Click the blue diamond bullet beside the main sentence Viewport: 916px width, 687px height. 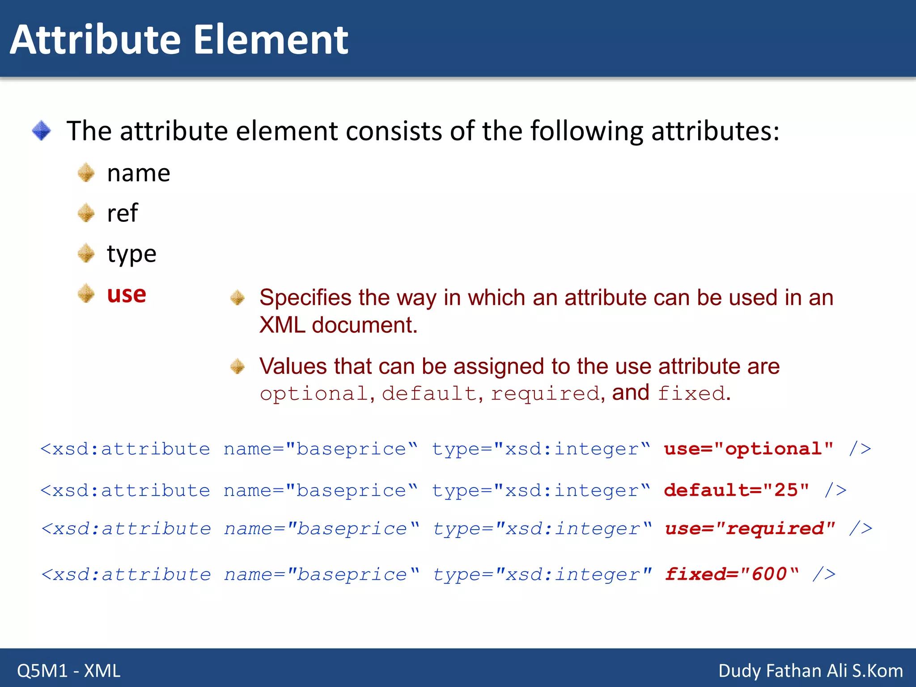pos(42,131)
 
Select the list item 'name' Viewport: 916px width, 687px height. pos(139,173)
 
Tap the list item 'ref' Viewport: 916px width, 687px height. pos(122,213)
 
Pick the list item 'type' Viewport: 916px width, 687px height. pos(131,254)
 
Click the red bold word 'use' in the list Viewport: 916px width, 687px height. pos(127,294)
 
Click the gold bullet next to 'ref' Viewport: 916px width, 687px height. pos(86,213)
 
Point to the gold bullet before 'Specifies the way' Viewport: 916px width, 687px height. pos(237,297)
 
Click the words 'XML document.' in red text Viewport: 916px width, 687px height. pos(338,325)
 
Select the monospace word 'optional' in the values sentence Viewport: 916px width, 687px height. pos(314,394)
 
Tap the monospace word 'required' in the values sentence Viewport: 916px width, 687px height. pos(545,394)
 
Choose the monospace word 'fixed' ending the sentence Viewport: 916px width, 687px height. pos(691,394)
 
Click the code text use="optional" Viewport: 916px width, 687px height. pos(748,449)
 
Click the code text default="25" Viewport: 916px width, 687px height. pos(736,490)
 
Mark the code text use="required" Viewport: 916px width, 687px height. pos(750,529)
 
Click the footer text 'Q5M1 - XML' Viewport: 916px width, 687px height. pos(69,670)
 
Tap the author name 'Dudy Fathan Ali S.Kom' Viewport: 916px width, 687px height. pos(810,670)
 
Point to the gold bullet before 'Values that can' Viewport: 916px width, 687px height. pos(237,366)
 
